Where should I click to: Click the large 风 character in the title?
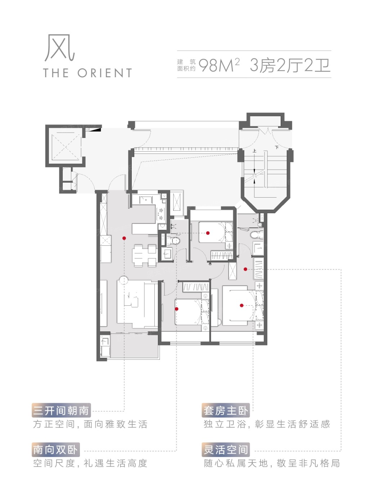pos(59,48)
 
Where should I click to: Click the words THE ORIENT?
pos(87,73)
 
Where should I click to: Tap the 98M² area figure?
pos(219,65)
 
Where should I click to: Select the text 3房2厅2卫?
pos(290,65)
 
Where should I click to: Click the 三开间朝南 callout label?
pos(61,411)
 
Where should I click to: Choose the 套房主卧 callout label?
pos(226,411)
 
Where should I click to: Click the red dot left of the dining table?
pos(124,238)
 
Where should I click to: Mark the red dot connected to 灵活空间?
pos(245,269)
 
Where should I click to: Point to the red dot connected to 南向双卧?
pos(177,309)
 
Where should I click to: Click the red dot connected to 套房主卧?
pos(242,305)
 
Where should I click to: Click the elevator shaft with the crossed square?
pos(65,146)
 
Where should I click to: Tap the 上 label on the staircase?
pos(254,151)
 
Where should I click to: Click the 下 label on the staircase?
pos(277,147)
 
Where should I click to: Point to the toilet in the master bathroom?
pos(257,235)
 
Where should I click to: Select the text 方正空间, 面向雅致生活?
pos(90,424)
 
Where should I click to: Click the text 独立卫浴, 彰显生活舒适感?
pos(267,424)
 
